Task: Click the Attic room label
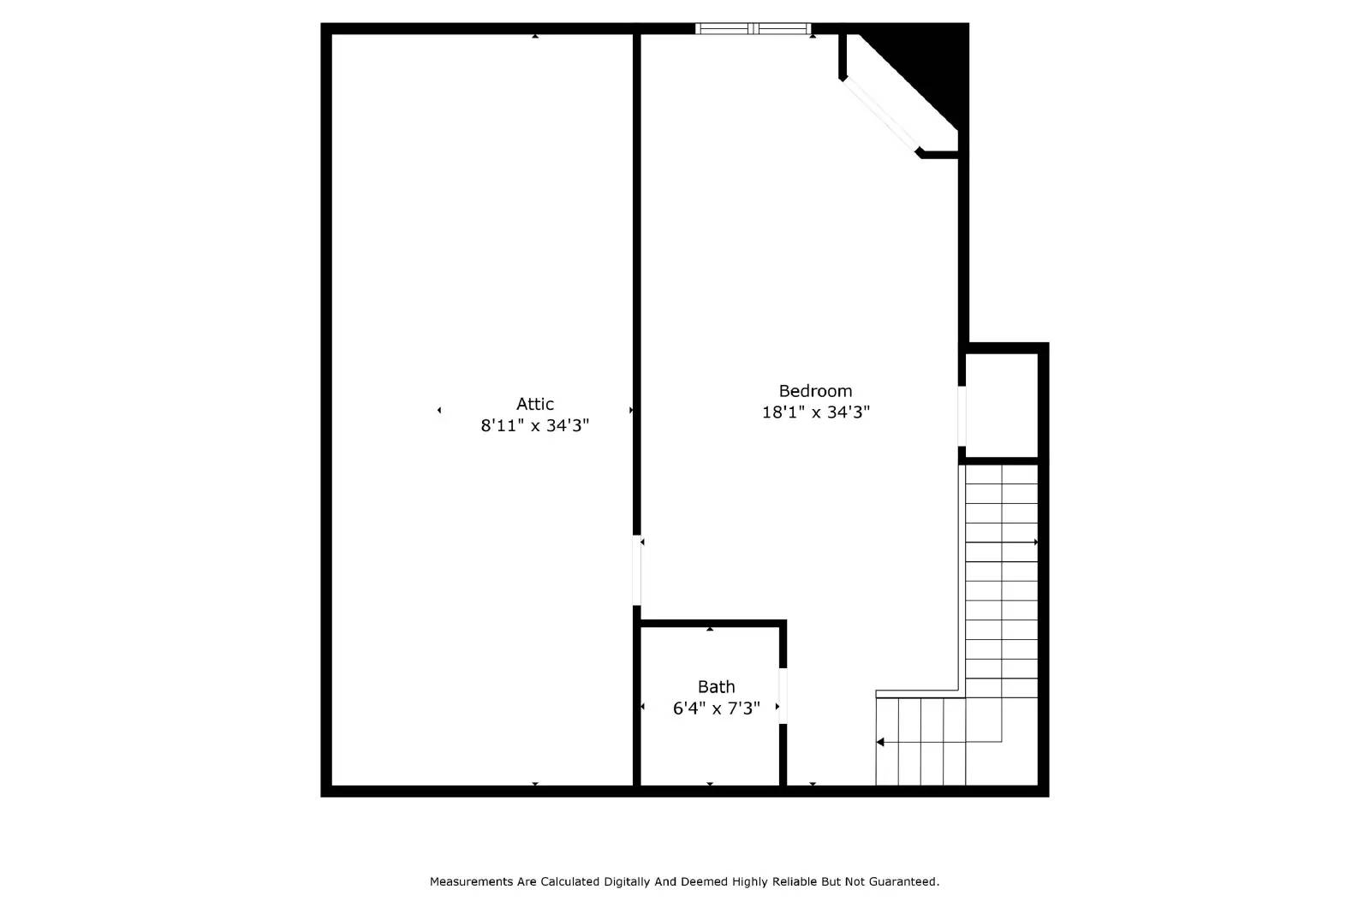pos(534,404)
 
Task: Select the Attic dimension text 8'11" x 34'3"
pos(534,425)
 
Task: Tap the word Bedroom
pos(815,391)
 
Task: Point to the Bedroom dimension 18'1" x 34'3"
pos(815,412)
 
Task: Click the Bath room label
pos(716,686)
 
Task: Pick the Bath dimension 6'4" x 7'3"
pos(716,708)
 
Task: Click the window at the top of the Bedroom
pos(753,29)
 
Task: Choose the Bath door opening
pos(783,695)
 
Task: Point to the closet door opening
pos(962,416)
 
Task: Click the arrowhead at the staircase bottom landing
pos(880,742)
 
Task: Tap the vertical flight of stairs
pos(1001,582)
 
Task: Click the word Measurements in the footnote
pos(472,881)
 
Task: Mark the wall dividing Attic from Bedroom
pos(637,282)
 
